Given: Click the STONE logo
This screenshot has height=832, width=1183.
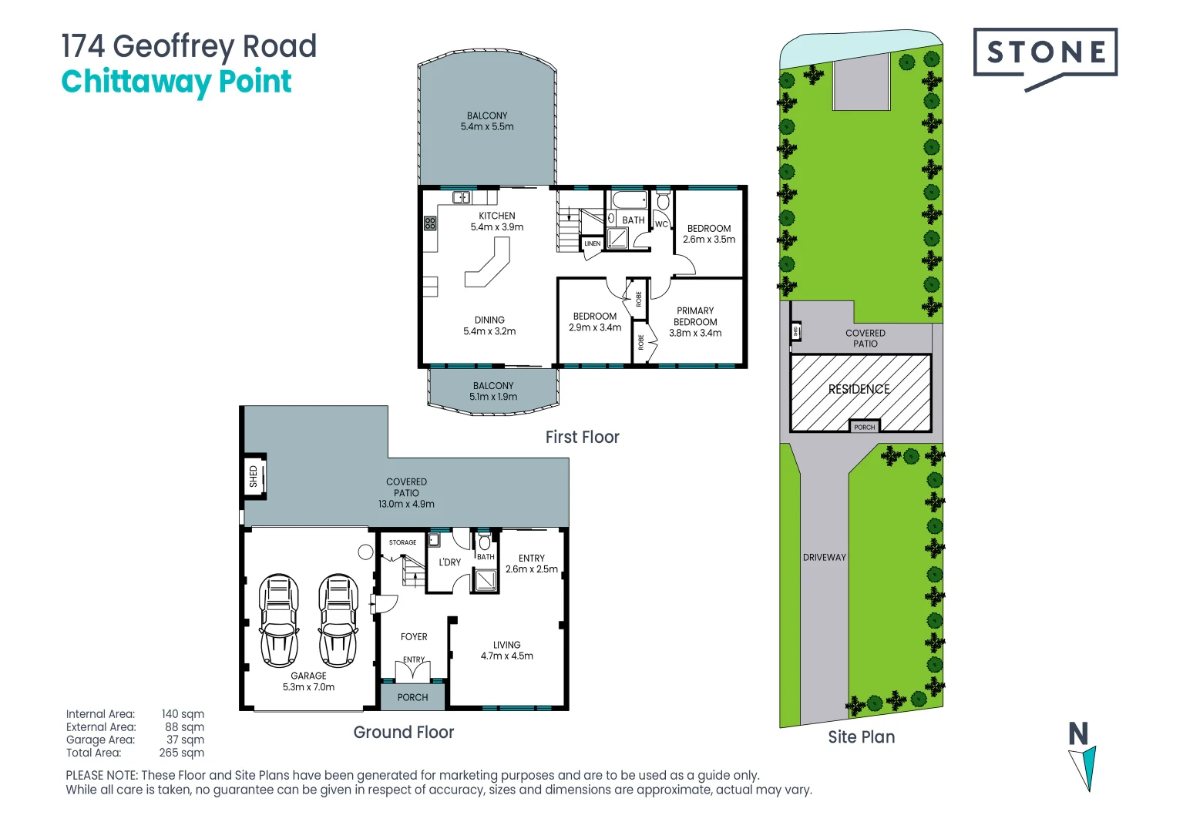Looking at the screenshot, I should click(x=1044, y=53).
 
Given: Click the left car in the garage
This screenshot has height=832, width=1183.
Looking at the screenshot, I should click(x=278, y=620).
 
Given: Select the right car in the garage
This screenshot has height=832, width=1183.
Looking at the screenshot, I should click(x=338, y=620).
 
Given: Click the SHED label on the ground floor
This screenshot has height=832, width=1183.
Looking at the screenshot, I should click(x=254, y=476).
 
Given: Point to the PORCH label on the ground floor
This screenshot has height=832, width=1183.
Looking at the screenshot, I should click(x=412, y=697).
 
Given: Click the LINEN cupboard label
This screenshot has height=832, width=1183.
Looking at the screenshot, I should click(x=592, y=243).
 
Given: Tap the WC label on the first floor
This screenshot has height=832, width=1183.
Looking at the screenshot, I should click(x=661, y=224).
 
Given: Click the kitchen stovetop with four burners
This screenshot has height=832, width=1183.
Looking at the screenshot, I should click(x=430, y=223).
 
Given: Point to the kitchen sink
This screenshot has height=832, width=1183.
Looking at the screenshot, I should click(x=461, y=197).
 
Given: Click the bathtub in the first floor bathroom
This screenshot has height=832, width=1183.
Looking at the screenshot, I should click(x=629, y=200).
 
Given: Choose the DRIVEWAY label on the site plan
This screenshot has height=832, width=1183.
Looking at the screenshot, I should click(x=824, y=557).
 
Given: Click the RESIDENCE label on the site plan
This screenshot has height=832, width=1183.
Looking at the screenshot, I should click(x=859, y=389).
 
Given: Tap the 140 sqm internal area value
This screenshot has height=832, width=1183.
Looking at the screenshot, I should click(x=183, y=714).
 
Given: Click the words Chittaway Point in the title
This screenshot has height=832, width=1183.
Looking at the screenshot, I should click(x=176, y=82).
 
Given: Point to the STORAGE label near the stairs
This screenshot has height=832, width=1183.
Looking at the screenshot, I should click(x=402, y=542).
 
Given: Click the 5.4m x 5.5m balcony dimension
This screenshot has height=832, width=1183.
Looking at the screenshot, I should click(x=487, y=127).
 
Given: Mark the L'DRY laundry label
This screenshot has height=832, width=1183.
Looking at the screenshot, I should click(x=449, y=562).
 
